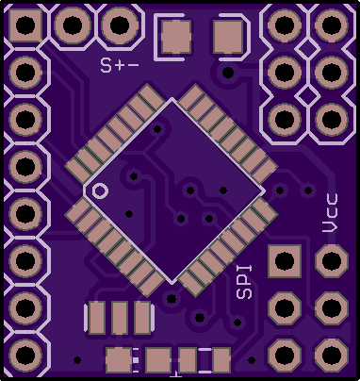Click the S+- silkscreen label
tap(120, 65)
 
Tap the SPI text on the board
tap(244, 282)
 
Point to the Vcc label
tap(331, 213)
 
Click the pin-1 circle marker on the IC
tap(100, 190)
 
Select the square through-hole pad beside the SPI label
tap(285, 261)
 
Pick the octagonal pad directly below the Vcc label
tap(332, 260)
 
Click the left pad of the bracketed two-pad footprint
tap(176, 36)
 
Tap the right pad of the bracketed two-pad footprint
tap(228, 36)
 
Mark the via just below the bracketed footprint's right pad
tap(228, 73)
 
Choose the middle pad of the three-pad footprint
tap(120, 318)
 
